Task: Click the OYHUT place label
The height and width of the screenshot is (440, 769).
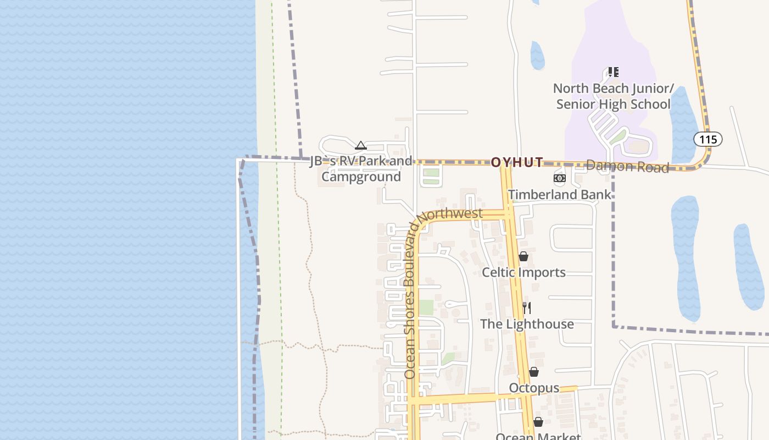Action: [517, 162]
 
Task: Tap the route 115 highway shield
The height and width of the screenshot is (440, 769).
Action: [707, 139]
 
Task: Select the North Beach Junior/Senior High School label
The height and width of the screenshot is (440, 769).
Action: [613, 96]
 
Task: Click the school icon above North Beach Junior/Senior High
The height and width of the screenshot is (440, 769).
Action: [614, 72]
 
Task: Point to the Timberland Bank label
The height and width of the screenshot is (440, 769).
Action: [559, 195]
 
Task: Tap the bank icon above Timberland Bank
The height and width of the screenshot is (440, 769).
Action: [559, 178]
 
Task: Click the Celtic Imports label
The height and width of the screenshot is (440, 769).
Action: [523, 272]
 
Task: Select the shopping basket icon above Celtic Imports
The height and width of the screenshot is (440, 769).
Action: [523, 256]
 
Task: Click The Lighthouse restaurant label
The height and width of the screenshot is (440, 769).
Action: [527, 324]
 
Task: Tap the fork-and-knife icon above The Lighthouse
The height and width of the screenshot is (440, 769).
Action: [526, 307]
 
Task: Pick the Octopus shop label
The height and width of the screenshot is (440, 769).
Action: [534, 388]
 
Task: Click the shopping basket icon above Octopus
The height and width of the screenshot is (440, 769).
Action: [533, 372]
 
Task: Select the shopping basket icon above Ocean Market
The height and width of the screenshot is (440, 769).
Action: [538, 422]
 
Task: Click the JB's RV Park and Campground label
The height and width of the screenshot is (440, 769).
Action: [361, 169]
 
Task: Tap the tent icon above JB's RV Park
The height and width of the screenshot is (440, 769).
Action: [360, 146]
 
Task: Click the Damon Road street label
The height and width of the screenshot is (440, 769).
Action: [627, 166]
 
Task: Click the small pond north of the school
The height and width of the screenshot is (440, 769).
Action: [537, 55]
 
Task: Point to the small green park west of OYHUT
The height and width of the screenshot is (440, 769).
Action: [431, 177]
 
